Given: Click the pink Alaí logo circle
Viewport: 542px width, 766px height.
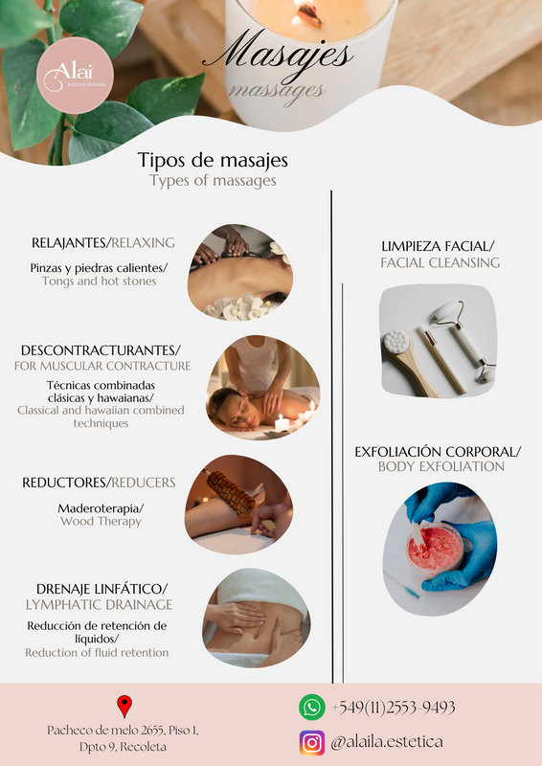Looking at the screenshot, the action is [x=75, y=76].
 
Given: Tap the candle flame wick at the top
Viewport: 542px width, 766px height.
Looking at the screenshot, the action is [x=308, y=13].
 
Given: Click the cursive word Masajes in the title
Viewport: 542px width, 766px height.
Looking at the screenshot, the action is [x=278, y=57].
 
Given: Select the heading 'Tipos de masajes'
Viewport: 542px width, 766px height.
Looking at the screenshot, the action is [x=213, y=160].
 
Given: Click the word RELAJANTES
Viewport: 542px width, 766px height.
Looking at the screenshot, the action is [x=69, y=243].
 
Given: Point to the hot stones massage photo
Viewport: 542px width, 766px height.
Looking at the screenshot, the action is [x=240, y=272].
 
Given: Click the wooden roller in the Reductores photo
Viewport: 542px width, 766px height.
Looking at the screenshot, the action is [x=231, y=492].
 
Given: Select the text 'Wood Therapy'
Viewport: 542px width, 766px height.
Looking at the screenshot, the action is [x=102, y=521].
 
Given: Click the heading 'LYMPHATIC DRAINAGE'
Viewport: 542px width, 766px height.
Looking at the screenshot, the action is [x=100, y=605].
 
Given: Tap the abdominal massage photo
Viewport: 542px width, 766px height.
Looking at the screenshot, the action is [x=256, y=618].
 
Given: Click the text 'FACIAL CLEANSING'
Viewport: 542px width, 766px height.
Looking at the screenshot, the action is [x=440, y=262].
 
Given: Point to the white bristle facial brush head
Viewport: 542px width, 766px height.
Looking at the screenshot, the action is [x=396, y=342].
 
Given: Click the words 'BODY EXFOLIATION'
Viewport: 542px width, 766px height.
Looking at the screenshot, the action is [x=441, y=466].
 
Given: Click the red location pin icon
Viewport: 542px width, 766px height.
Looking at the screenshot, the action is [x=124, y=707].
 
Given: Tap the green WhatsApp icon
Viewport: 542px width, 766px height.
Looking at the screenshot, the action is [x=312, y=707].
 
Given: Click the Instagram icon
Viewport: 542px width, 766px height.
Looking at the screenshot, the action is [x=312, y=743].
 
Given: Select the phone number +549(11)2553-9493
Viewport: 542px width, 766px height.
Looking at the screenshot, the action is [x=394, y=708].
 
